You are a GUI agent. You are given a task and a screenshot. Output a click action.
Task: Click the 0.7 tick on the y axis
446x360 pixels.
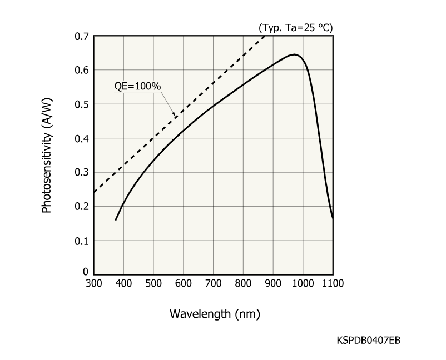click(x=81, y=37)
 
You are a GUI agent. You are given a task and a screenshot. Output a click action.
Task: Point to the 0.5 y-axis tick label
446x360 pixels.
click(x=81, y=104)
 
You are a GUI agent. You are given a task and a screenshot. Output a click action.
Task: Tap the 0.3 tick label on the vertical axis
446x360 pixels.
click(x=81, y=173)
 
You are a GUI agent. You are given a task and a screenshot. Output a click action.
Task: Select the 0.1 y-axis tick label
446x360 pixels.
click(x=81, y=241)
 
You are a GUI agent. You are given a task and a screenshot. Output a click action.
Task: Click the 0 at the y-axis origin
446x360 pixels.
click(x=86, y=272)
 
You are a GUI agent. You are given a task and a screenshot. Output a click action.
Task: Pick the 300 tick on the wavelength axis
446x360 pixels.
click(x=93, y=283)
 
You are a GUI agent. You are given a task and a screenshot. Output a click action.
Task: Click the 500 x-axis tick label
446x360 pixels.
click(x=153, y=283)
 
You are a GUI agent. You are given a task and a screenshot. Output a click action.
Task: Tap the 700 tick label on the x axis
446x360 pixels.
click(x=214, y=283)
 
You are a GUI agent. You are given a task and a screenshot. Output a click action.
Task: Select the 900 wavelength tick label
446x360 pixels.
click(x=273, y=283)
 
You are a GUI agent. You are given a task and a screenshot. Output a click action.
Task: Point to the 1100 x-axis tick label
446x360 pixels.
click(x=333, y=283)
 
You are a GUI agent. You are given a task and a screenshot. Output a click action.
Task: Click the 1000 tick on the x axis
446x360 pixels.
click(x=303, y=283)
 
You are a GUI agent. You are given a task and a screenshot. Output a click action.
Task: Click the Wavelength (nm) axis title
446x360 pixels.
click(x=215, y=314)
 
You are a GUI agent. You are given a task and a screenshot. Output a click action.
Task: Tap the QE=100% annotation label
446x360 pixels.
click(x=138, y=87)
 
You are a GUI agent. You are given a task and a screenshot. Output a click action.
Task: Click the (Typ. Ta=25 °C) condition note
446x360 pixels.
click(x=295, y=27)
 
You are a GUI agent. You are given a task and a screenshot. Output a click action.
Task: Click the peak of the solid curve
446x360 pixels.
click(x=294, y=54)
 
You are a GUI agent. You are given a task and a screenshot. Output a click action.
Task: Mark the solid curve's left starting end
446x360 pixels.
click(x=116, y=220)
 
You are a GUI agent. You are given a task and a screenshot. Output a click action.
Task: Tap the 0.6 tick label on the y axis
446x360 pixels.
click(x=81, y=71)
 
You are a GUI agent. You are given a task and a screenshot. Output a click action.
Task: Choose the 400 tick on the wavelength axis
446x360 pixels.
click(x=123, y=283)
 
